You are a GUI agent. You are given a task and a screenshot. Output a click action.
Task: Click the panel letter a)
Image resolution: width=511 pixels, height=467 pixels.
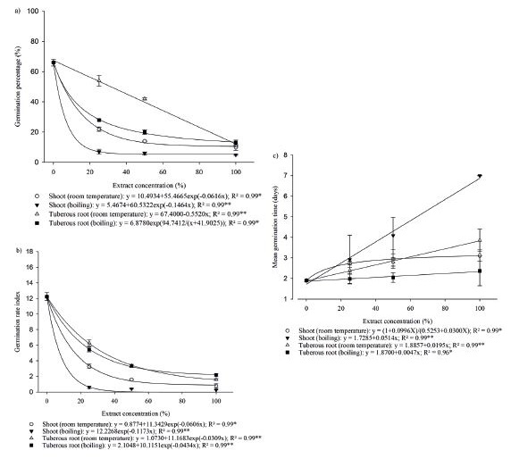tap(7, 7)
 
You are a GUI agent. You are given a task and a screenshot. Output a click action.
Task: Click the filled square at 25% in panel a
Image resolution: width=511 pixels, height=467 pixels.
tap(99, 120)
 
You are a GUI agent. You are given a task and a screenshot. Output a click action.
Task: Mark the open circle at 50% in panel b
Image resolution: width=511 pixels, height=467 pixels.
tap(132, 379)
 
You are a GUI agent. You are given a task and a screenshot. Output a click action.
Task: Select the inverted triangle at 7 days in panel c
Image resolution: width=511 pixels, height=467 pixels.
tap(481, 177)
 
